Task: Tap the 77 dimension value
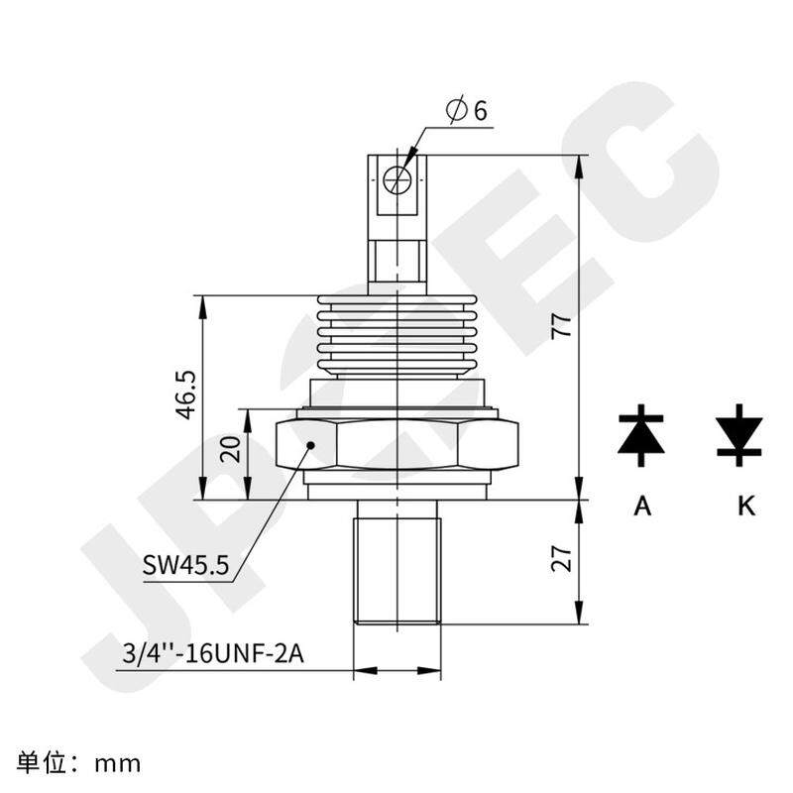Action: point(561,327)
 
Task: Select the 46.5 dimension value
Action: point(185,396)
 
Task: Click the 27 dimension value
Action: point(561,562)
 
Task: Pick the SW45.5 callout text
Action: point(185,566)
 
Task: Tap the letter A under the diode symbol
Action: point(642,507)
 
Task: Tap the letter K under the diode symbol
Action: point(746,507)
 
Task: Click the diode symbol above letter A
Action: point(641,435)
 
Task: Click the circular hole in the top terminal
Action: point(396,179)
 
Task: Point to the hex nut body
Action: point(396,444)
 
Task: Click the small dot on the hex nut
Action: point(310,445)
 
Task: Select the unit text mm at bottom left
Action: point(118,764)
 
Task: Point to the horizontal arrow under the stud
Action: point(397,671)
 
